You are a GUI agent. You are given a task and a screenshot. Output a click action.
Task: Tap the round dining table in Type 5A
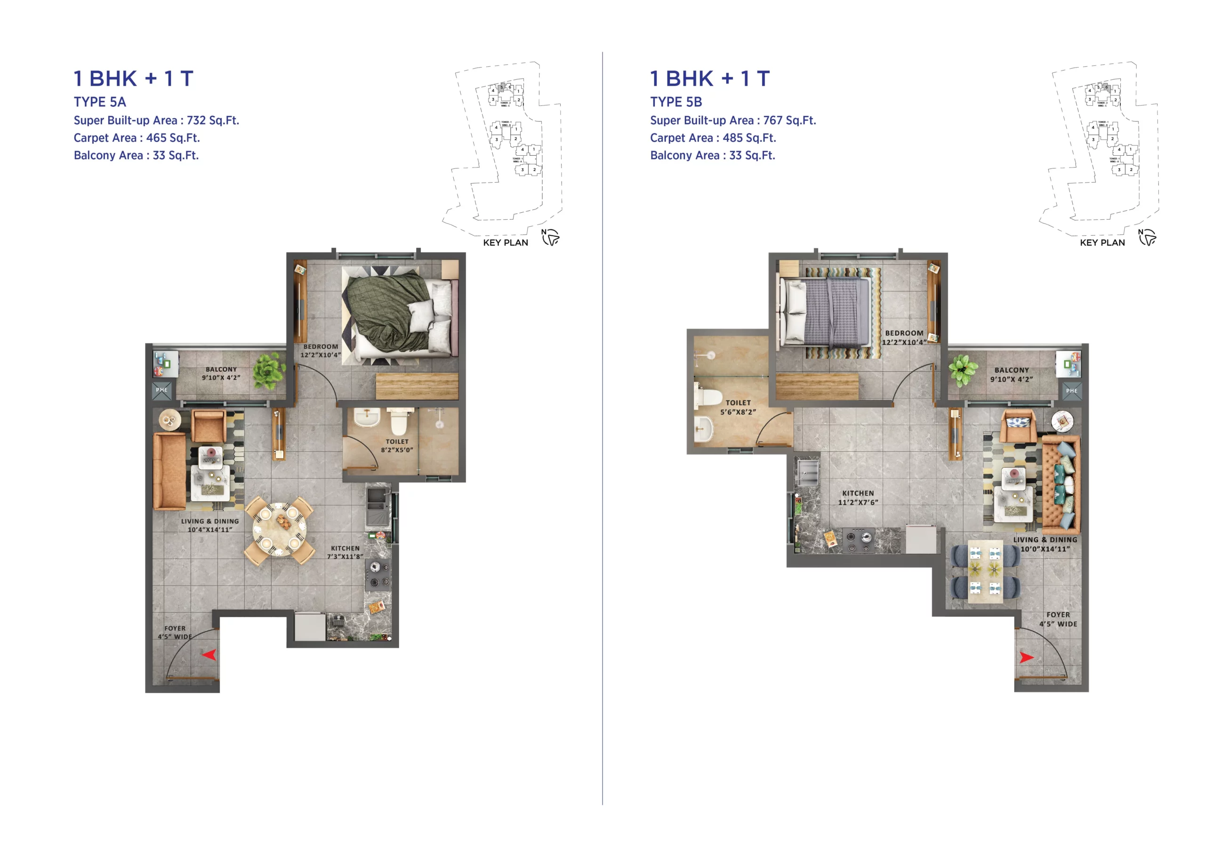(x=279, y=529)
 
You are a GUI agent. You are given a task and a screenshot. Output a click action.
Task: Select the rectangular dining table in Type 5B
(x=985, y=570)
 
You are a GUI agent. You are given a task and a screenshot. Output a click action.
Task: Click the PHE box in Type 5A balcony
(x=161, y=390)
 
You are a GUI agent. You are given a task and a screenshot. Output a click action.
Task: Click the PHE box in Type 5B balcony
(x=1071, y=391)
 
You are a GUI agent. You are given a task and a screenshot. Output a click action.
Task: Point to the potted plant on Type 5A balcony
(x=269, y=370)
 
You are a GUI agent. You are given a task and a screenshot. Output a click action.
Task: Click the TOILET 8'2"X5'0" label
(x=397, y=445)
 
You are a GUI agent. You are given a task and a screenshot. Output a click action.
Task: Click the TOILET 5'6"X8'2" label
(x=738, y=407)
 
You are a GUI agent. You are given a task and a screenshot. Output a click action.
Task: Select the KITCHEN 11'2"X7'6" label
(x=858, y=497)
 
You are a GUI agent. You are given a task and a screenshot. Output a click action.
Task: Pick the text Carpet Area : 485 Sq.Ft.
(x=713, y=138)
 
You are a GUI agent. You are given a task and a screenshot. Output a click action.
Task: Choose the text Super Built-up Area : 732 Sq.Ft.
(x=156, y=120)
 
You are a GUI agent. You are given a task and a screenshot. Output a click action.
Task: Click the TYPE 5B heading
(x=675, y=102)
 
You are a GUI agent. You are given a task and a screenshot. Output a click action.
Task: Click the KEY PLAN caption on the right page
(x=1102, y=242)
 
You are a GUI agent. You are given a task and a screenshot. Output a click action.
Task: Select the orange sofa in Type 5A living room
(x=169, y=471)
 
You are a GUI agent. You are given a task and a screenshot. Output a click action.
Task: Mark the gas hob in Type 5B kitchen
(x=858, y=539)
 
